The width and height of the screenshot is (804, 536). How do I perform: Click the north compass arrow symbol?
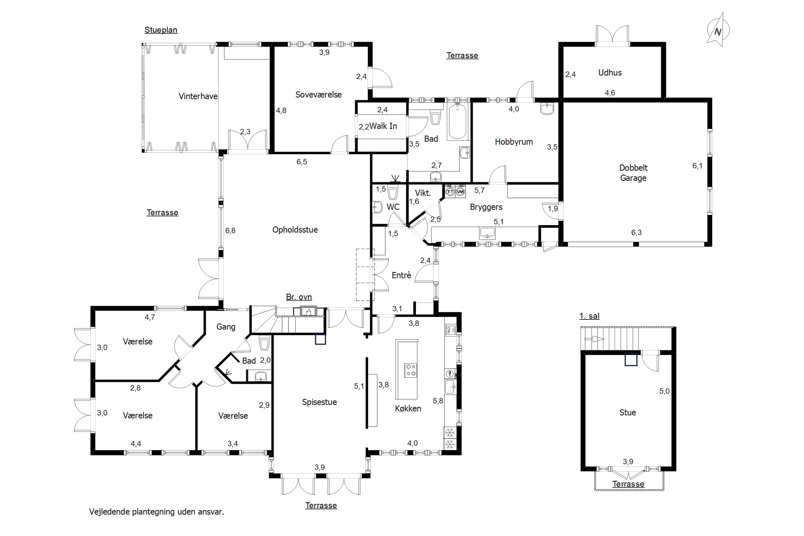718,30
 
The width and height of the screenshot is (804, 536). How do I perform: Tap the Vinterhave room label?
198,96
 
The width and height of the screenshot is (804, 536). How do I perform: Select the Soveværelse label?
319,94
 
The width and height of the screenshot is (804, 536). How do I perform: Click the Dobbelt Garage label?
633,173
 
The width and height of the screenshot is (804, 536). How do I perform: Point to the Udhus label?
610,72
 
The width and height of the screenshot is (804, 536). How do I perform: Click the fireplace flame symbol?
308,311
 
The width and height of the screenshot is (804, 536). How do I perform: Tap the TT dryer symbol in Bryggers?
450,191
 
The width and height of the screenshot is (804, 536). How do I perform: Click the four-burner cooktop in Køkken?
410,370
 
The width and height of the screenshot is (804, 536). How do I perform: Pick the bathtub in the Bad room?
458,121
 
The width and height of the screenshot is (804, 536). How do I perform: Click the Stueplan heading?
161,30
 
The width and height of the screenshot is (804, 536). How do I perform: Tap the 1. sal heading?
589,316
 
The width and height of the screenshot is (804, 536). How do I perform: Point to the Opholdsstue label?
295,229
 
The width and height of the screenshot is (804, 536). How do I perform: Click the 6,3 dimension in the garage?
636,233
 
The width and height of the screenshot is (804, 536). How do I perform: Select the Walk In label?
383,126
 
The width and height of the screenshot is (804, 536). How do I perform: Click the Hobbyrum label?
514,142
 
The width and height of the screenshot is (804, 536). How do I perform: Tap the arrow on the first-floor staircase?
594,339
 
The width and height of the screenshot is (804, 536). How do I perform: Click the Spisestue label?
319,402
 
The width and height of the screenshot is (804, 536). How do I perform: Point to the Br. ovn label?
299,297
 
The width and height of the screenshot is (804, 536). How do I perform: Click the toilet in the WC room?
393,192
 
